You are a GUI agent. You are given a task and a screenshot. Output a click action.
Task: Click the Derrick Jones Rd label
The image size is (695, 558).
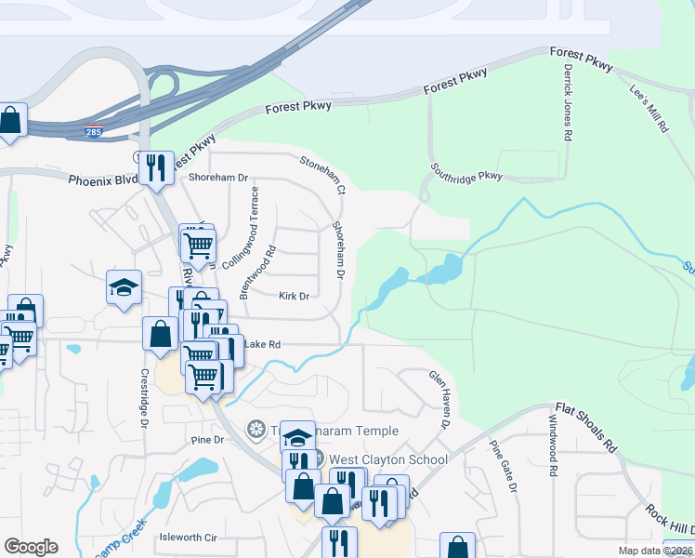pyautogui.click(x=566, y=102)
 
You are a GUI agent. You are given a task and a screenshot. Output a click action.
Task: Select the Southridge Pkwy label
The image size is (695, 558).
pyautogui.click(x=466, y=173)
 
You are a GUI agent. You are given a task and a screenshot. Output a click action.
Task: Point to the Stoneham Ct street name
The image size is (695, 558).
pyautogui.click(x=322, y=174)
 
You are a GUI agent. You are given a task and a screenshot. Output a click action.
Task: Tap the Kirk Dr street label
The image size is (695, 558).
pyautogui.click(x=294, y=296)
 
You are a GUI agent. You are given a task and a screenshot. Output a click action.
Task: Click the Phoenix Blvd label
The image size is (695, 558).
pyautogui.click(x=102, y=179)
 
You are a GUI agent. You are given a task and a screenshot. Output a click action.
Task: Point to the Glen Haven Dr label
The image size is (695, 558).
pyautogui.click(x=439, y=400)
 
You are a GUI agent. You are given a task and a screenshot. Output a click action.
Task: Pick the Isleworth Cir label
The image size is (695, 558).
pyautogui.click(x=189, y=538)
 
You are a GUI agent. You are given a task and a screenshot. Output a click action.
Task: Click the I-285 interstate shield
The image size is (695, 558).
pyautogui.click(x=94, y=131)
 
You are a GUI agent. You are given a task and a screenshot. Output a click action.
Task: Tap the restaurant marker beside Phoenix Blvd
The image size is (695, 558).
pyautogui.click(x=156, y=166)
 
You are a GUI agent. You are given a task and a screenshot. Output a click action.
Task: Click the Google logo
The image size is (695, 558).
pyautogui.click(x=31, y=547)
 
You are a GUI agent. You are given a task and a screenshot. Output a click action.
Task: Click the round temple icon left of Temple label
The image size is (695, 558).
pyautogui.click(x=256, y=431)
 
